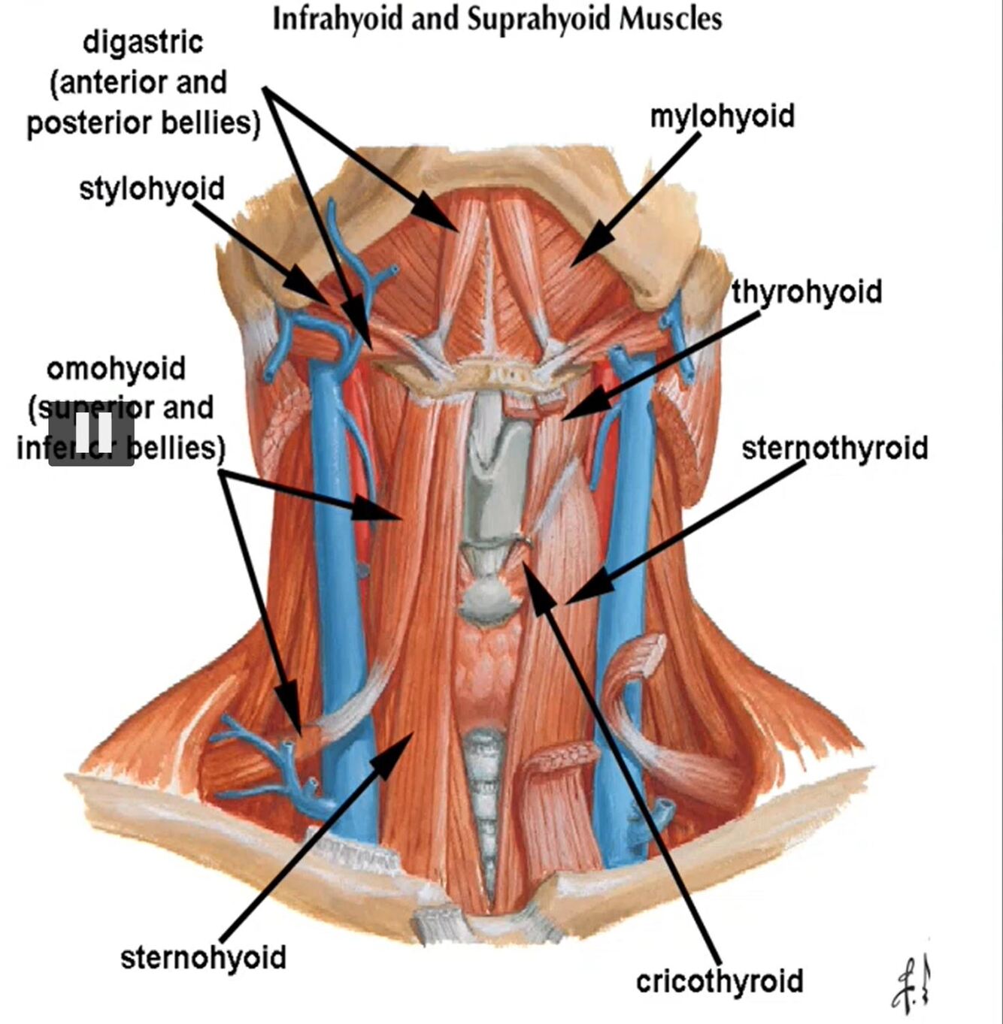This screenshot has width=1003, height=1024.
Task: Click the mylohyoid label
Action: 722,116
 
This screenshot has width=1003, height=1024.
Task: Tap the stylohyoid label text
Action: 152,189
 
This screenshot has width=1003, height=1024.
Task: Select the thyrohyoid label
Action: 807,291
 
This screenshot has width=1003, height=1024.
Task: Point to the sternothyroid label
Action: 835,449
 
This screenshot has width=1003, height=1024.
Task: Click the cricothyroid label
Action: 720,981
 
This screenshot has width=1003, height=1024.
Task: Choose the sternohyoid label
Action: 203,957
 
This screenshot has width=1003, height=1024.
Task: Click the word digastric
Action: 143,42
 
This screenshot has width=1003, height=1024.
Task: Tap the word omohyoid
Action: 116,369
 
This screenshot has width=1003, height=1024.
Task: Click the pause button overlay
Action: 92,433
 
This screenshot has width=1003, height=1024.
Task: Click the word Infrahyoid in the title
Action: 338,19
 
